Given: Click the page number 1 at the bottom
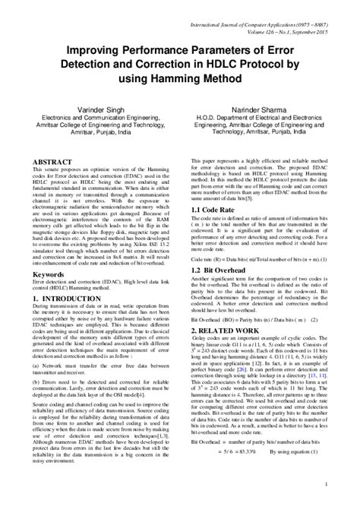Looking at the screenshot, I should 325,483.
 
